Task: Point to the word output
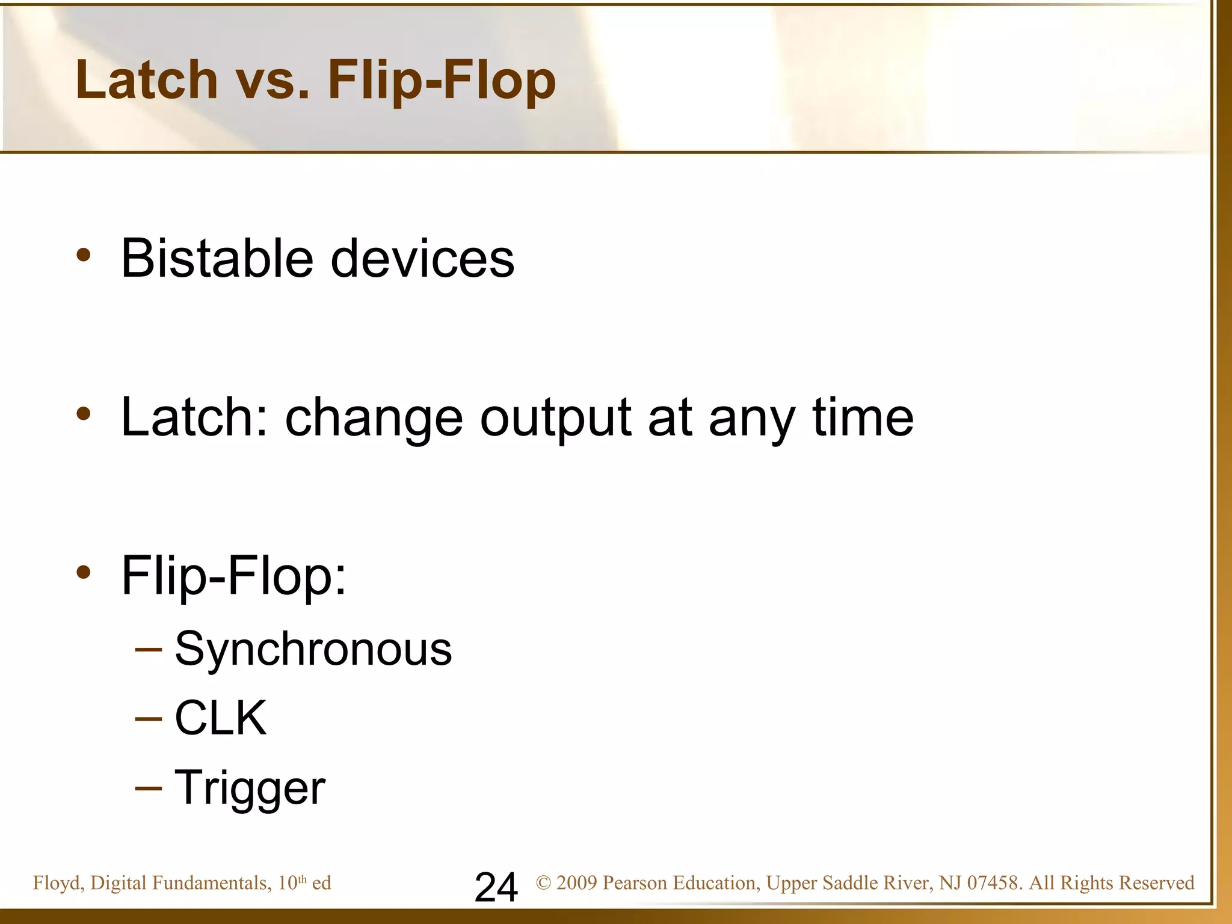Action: (x=555, y=418)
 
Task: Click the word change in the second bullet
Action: (x=374, y=418)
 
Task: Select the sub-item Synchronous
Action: (x=313, y=650)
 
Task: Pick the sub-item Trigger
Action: (x=250, y=788)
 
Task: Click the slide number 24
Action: (x=496, y=887)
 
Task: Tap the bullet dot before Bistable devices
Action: (x=84, y=255)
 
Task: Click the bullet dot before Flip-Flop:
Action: (x=84, y=572)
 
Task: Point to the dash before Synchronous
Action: (x=149, y=650)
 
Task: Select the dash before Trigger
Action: (x=149, y=788)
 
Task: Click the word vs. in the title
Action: (x=272, y=81)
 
